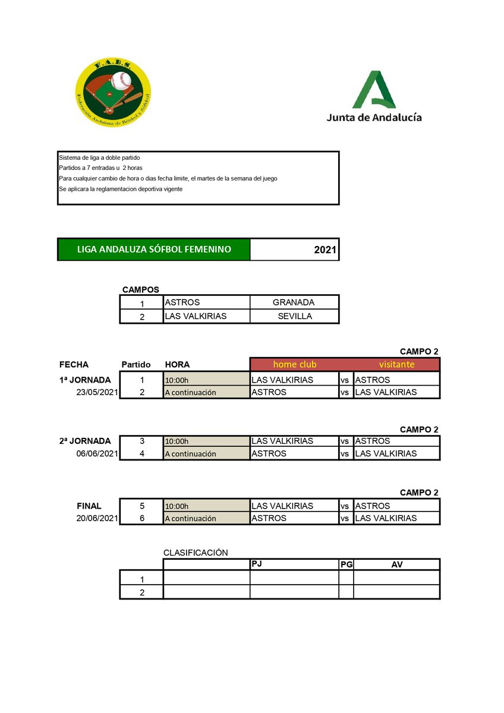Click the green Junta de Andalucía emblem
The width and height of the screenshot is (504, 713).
point(374,89)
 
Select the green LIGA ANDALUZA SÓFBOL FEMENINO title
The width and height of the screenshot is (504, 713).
point(154,250)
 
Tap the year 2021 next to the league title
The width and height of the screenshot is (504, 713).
point(325,250)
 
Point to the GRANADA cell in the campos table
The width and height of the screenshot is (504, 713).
point(294,302)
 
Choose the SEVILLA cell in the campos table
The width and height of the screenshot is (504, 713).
point(295,316)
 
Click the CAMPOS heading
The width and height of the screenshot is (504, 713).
point(140,289)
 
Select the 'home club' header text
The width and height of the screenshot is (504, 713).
point(294,364)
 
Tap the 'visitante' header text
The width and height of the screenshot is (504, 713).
point(396,364)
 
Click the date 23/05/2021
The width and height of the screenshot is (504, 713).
point(96,392)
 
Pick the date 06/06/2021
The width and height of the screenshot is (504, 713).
point(96,453)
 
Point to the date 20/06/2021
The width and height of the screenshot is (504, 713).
point(96,518)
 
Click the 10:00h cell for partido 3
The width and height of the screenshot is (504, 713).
point(206,441)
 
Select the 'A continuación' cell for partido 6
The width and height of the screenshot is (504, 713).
point(206,518)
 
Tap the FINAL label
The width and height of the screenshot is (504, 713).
point(89,506)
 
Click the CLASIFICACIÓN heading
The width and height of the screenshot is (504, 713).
point(196,553)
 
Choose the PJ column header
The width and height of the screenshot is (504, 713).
point(257,563)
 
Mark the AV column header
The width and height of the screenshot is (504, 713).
point(396,564)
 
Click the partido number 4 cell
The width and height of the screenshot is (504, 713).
point(141,454)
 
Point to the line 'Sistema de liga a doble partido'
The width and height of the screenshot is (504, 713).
point(99,158)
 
